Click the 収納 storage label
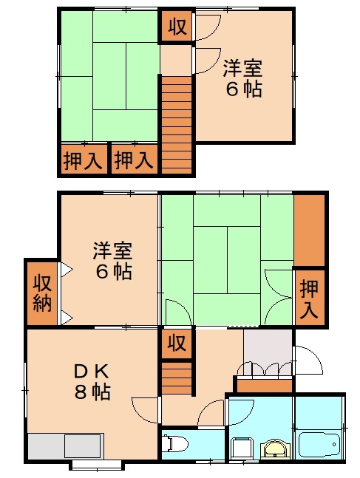41,293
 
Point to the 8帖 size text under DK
92,392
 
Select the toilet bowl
175,444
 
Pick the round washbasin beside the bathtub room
275,448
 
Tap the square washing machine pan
242,448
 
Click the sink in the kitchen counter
82,446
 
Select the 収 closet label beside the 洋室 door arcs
177,29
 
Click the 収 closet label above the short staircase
176,343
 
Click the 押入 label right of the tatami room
310,297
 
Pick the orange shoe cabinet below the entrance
264,385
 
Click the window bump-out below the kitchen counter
96,465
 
